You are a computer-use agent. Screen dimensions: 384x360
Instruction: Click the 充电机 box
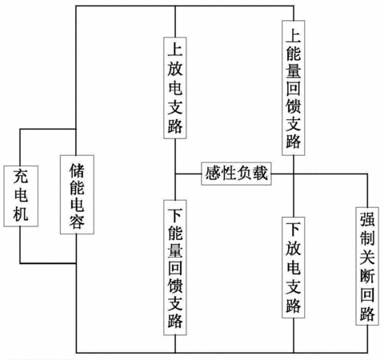[21, 196]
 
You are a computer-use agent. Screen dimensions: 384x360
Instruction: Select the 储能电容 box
[77, 194]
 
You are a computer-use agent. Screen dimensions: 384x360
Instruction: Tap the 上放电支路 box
[175, 88]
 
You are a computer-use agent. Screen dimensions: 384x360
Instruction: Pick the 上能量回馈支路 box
[294, 88]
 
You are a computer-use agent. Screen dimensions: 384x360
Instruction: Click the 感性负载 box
[236, 174]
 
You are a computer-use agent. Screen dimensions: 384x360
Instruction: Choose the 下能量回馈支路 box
[175, 267]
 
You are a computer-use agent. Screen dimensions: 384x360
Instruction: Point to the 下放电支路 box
[294, 267]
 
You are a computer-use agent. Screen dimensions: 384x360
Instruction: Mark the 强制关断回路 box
[367, 266]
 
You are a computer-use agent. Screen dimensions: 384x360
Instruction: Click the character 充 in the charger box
[21, 176]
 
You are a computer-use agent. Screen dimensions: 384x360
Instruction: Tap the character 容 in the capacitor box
[77, 222]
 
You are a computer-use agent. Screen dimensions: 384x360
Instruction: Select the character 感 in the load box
[213, 174]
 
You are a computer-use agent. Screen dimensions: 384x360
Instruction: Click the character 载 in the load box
[260, 174]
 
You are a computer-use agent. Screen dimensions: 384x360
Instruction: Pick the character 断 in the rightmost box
[367, 276]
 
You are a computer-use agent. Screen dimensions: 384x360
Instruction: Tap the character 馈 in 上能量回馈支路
[294, 106]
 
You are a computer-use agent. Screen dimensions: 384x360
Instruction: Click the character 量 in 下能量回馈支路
[175, 249]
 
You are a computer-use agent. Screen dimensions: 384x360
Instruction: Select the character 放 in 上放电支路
[175, 69]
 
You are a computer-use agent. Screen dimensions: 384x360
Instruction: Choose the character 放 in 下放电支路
[294, 248]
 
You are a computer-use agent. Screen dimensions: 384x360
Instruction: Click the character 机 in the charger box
[21, 214]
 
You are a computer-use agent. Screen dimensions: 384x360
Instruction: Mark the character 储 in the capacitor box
[77, 170]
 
